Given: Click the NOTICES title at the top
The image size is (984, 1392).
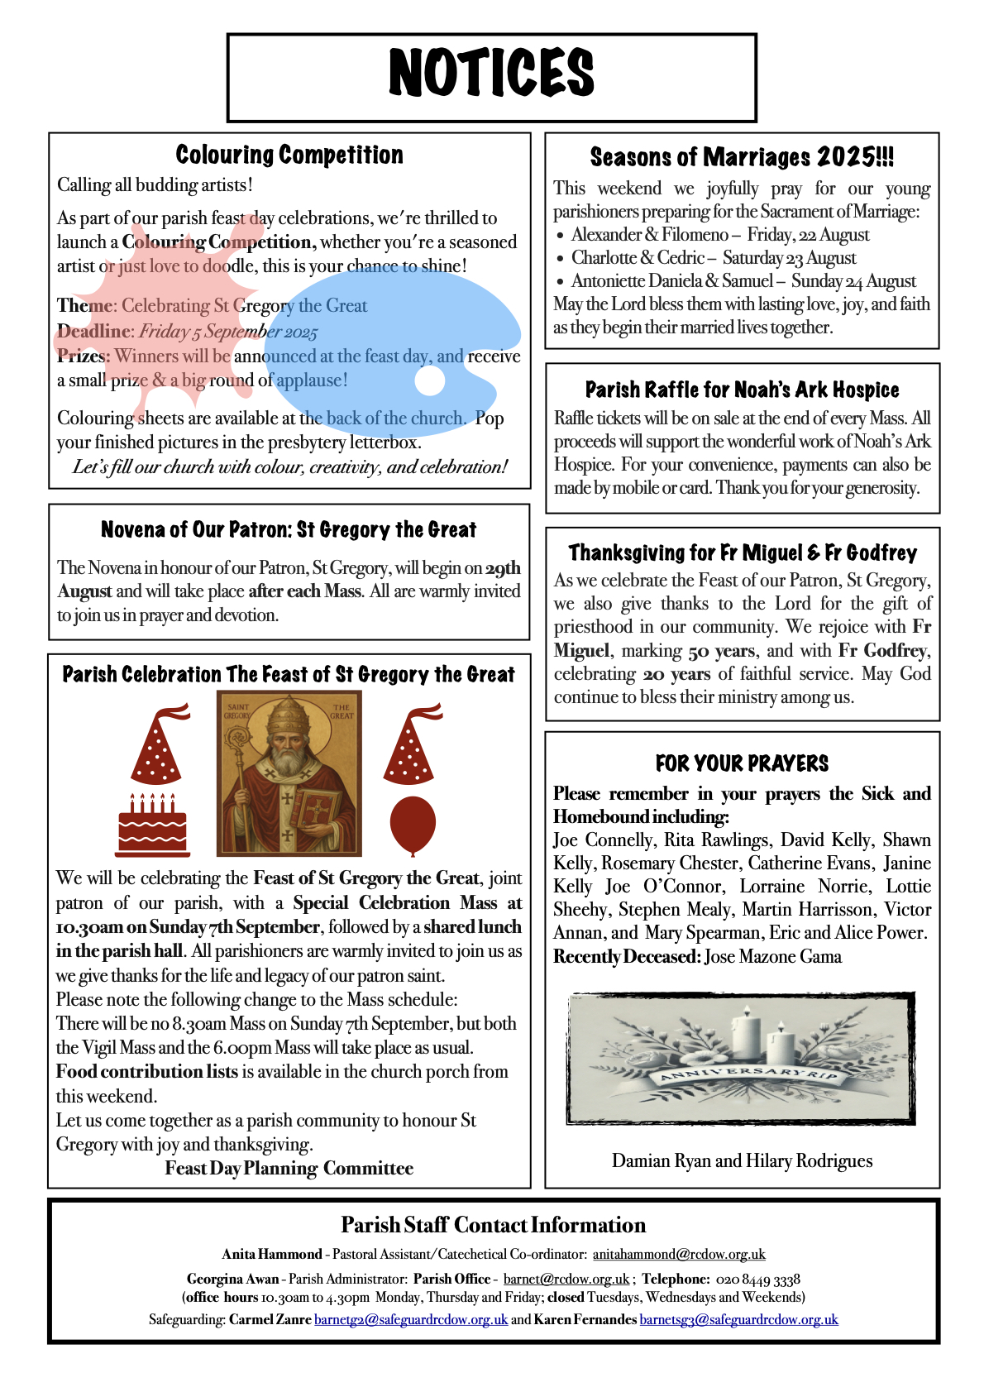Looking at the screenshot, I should (x=491, y=73).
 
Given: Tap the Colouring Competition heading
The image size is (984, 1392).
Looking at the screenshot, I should (x=289, y=155).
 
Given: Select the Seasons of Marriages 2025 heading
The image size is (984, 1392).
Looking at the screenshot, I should (x=742, y=157).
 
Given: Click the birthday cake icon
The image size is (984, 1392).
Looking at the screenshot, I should (x=153, y=825).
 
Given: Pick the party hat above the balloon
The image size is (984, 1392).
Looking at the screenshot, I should (x=411, y=744).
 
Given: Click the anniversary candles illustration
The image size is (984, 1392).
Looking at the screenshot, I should (x=742, y=1058).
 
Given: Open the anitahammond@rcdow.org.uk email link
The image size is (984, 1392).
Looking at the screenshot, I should (x=679, y=1254).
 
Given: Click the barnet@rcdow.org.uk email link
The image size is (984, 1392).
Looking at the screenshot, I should (x=566, y=1279).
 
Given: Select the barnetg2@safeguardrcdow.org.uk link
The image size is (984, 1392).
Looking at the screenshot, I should (x=411, y=1319).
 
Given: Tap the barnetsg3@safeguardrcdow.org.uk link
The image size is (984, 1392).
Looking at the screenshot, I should (x=738, y=1319).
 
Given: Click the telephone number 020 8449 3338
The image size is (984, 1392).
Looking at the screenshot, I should (x=758, y=1279).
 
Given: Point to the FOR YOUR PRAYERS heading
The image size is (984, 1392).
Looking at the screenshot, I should (x=742, y=763).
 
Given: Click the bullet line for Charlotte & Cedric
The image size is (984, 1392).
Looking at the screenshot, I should (x=714, y=258).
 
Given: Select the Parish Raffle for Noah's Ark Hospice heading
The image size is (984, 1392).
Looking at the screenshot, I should (x=742, y=390).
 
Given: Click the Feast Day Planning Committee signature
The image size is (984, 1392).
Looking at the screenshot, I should (x=289, y=1168).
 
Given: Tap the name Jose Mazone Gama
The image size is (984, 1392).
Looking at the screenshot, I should (x=773, y=957).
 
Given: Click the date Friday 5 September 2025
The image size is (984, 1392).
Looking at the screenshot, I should (x=228, y=332).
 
